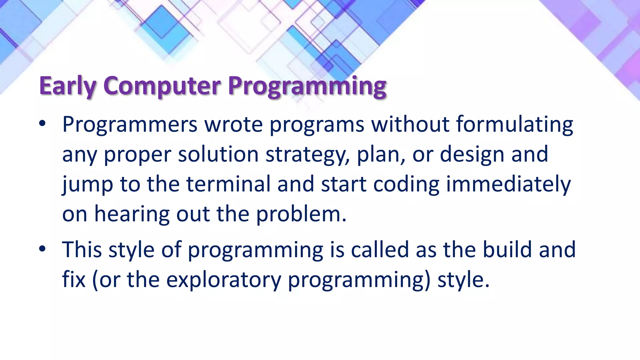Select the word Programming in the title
pyautogui.click(x=307, y=86)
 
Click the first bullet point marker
pyautogui.click(x=42, y=124)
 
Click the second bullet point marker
pyautogui.click(x=42, y=249)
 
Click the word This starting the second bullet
pyautogui.click(x=82, y=250)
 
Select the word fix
pyautogui.click(x=74, y=279)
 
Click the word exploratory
pyautogui.click(x=224, y=280)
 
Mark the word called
pyautogui.click(x=380, y=250)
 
